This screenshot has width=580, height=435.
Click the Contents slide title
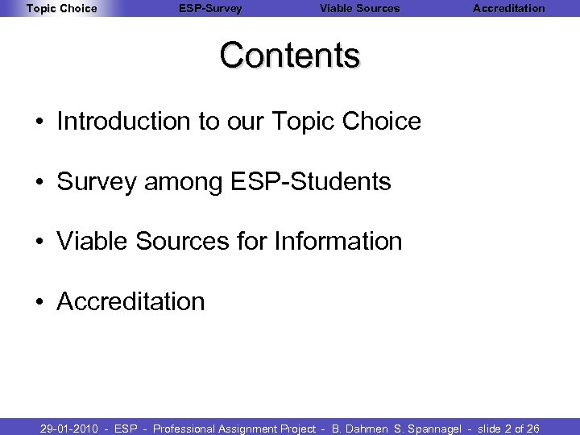[x=290, y=56]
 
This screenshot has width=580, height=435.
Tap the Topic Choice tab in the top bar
[x=61, y=9]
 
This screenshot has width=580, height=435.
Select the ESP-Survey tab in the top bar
[x=210, y=9]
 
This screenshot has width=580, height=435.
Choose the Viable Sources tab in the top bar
[x=359, y=9]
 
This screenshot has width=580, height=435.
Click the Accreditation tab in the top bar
[x=508, y=9]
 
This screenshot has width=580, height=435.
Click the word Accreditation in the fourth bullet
[x=131, y=301]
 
